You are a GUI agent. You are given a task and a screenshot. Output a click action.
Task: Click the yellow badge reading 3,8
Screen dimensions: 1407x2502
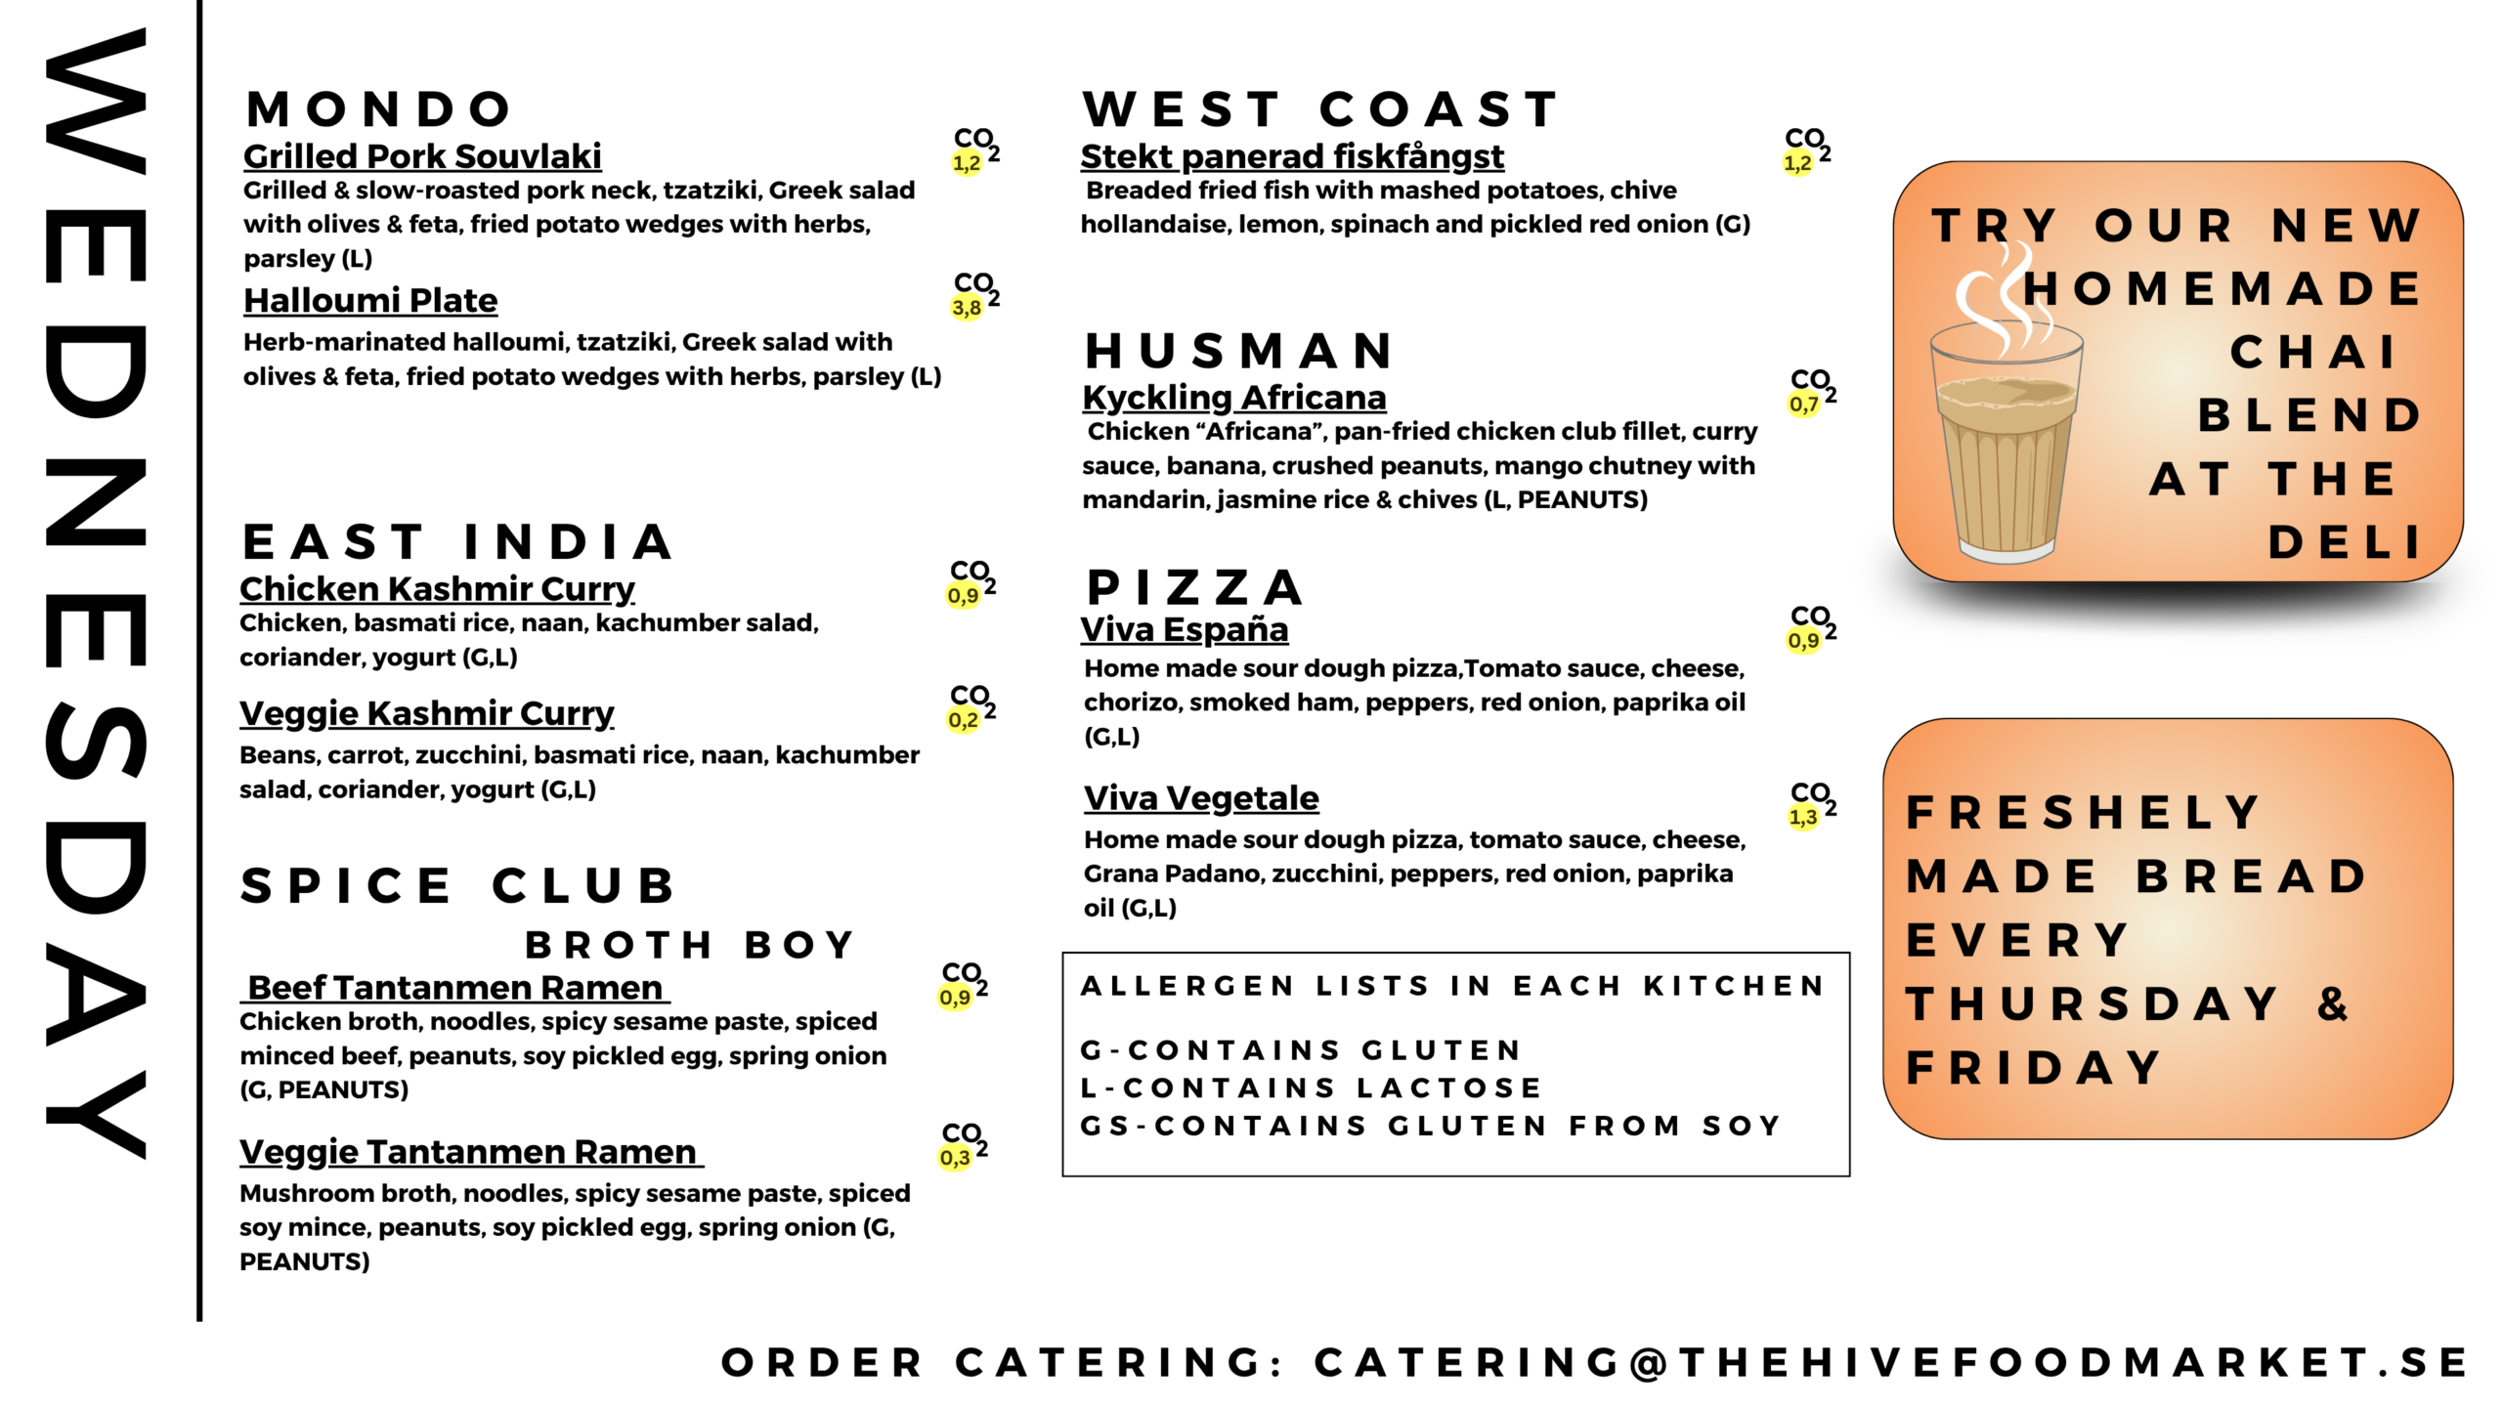[x=967, y=308]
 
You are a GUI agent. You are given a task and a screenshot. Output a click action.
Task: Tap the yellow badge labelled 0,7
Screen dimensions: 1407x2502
[x=1803, y=404]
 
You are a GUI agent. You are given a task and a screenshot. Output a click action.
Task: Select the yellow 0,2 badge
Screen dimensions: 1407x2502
[x=963, y=720]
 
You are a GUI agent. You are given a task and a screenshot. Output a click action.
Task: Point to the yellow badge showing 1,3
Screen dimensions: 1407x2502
[x=1803, y=817]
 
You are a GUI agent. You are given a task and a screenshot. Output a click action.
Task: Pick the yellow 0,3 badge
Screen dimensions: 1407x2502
[x=955, y=1158]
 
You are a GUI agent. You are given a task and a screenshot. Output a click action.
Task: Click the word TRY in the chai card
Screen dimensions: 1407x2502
[x=1994, y=227]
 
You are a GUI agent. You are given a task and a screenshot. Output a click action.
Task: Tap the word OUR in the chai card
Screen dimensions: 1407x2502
[x=2164, y=227]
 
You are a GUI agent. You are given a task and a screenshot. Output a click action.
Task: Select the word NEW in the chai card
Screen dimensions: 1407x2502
[x=2346, y=227]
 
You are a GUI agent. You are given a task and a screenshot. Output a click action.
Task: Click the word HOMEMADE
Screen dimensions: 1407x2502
[x=2222, y=289]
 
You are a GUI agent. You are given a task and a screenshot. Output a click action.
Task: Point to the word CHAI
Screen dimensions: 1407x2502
[x=2312, y=353]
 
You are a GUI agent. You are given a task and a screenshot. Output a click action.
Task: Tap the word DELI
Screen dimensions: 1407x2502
[x=2344, y=543]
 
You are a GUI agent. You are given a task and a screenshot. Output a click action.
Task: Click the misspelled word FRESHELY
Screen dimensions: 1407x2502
[x=2084, y=813]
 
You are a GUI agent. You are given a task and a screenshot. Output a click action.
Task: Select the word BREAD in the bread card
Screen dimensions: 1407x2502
[x=2252, y=876]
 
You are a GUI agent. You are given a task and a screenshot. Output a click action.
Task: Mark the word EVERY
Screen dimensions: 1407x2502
[x=2017, y=941]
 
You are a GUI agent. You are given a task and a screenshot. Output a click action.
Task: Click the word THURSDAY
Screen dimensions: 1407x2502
[x=2092, y=1004]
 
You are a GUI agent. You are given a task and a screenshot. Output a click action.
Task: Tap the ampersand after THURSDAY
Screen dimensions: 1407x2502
[x=2333, y=1004]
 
